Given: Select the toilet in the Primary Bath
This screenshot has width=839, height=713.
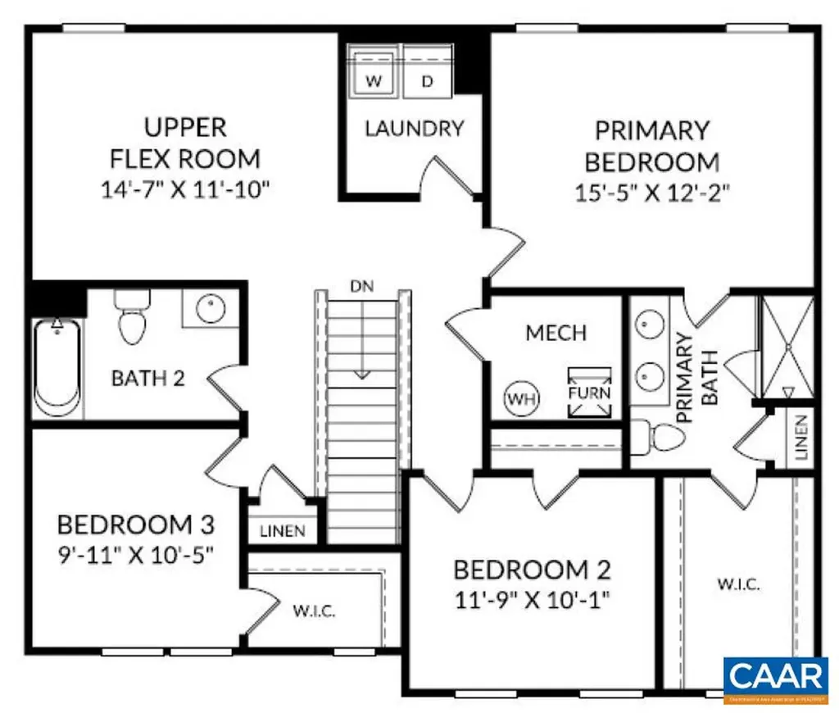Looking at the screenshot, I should click(x=656, y=438).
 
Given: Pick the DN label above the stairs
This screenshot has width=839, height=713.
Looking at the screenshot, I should click(x=361, y=287).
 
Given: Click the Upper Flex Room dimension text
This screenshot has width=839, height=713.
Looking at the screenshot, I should click(x=185, y=190).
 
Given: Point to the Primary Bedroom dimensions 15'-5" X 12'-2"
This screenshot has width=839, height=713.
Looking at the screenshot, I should click(x=651, y=193).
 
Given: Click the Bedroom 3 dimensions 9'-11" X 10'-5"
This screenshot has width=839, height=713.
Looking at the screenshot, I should click(x=135, y=553).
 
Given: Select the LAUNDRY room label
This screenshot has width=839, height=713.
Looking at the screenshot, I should click(x=414, y=129).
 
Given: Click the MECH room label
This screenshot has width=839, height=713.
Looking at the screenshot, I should click(x=556, y=333).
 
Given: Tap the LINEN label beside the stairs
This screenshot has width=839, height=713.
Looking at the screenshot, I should click(x=282, y=531).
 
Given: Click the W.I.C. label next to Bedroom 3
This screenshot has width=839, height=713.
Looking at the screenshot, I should click(x=314, y=611).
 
